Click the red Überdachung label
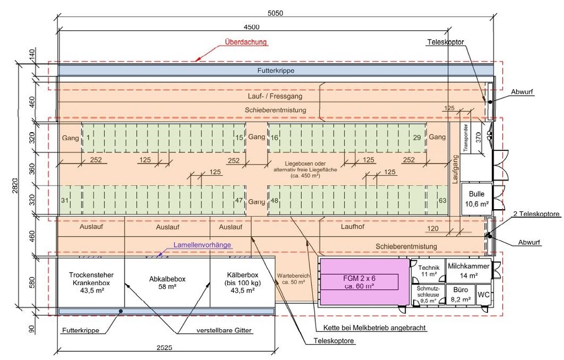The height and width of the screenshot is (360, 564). point(246,42)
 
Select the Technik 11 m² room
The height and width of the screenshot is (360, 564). point(428,270)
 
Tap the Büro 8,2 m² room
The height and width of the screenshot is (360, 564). point(460,294)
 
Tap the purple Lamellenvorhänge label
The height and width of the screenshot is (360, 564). point(202,245)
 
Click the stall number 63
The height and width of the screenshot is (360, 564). point(442,201)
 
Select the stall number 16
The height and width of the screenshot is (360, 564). point(274,137)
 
